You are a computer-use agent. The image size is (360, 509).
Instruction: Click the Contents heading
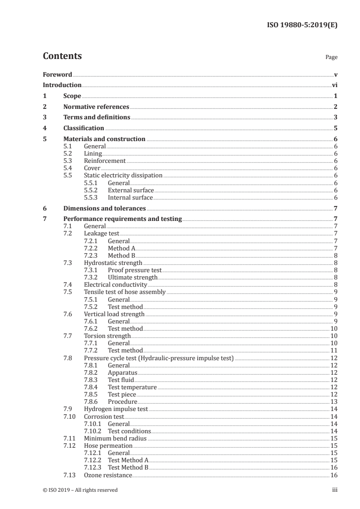tap(62, 56)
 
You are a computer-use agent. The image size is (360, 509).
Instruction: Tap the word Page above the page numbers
tap(331, 58)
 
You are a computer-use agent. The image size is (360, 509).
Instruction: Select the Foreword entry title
tap(57, 74)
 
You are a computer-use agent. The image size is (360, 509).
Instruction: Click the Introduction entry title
tap(62, 85)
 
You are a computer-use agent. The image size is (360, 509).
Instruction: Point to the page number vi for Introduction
tap(334, 85)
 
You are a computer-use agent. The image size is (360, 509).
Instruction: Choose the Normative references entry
tap(96, 107)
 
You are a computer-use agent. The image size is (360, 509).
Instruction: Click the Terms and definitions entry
tap(97, 117)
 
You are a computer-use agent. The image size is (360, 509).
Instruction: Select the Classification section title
tap(84, 128)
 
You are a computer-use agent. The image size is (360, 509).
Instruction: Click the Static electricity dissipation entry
tap(123, 176)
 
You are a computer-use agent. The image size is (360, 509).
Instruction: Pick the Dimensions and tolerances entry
tap(104, 209)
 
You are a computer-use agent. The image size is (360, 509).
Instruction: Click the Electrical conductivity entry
tap(115, 284)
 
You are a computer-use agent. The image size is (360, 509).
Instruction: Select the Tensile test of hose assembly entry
tap(125, 292)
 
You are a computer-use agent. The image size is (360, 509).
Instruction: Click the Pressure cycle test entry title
tap(159, 358)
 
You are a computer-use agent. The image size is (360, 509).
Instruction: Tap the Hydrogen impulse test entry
tap(116, 409)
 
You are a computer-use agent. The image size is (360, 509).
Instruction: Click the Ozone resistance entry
tap(108, 475)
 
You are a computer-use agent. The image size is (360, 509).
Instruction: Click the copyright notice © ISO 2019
tap(80, 490)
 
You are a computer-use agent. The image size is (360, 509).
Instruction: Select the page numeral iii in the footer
tap(334, 490)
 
